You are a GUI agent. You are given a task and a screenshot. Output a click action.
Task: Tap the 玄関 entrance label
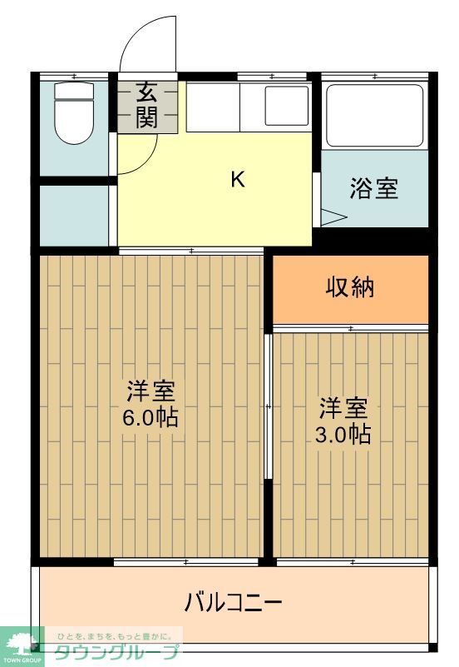[x=146, y=105]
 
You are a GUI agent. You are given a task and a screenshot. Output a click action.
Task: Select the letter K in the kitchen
[x=237, y=179]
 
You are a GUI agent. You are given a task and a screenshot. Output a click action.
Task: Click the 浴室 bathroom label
[x=373, y=189]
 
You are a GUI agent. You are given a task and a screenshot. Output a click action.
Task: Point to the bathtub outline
[x=374, y=114]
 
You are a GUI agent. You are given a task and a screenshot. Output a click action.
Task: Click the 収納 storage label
[x=349, y=288]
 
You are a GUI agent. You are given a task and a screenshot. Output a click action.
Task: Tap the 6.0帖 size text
[x=151, y=417]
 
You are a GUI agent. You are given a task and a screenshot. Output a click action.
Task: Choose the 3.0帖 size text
[x=343, y=434]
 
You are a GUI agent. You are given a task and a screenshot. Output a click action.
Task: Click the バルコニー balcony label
[x=234, y=601]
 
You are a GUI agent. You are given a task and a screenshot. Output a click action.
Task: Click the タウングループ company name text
[x=116, y=653]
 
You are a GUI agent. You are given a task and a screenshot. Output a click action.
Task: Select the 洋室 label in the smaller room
[x=343, y=408]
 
